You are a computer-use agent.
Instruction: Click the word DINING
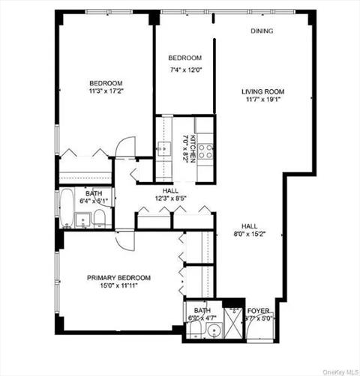(x=262, y=31)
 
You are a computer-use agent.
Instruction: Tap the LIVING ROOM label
(x=262, y=92)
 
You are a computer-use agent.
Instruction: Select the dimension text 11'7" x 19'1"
(x=262, y=101)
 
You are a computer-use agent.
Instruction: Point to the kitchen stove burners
(x=205, y=151)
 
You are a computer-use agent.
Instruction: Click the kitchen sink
(x=162, y=149)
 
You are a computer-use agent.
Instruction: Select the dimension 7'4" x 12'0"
(x=184, y=70)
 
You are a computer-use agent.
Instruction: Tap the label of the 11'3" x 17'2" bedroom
(x=106, y=83)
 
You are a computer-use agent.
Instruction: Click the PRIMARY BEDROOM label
(x=118, y=277)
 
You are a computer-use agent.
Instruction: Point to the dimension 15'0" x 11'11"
(x=118, y=285)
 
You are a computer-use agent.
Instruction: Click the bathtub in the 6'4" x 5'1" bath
(x=65, y=210)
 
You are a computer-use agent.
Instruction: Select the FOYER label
(x=259, y=309)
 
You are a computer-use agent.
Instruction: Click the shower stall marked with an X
(x=232, y=322)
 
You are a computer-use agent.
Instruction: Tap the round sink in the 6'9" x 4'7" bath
(x=195, y=327)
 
